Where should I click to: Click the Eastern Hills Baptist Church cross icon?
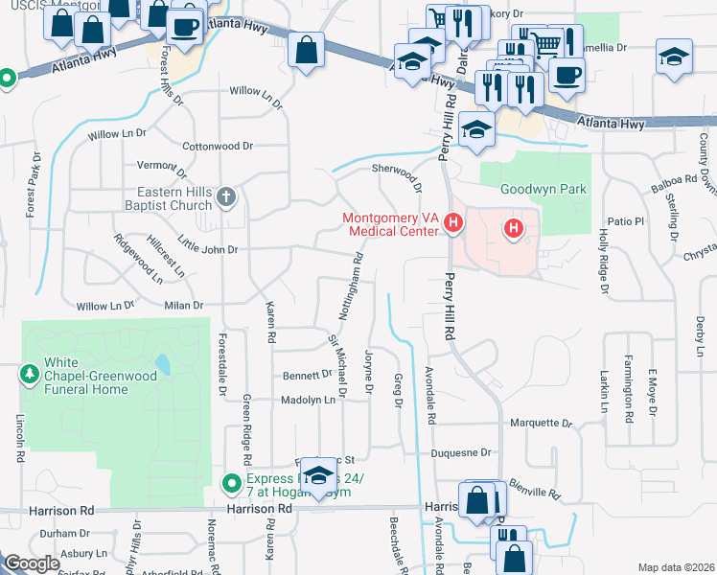[226, 197]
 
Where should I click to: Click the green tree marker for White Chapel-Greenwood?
[29, 370]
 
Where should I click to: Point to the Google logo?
[31, 563]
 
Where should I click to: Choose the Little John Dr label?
[206, 249]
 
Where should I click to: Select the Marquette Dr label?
[540, 423]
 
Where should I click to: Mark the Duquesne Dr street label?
[459, 452]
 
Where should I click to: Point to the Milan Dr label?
[184, 306]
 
